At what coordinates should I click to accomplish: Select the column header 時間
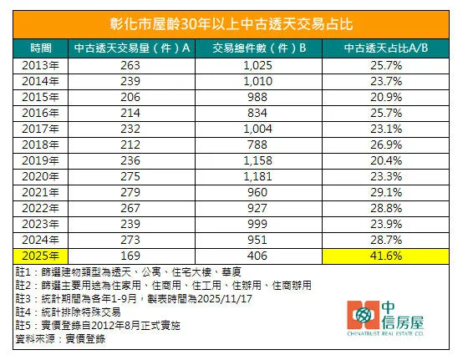click(38, 48)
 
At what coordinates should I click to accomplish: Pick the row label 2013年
click(38, 64)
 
